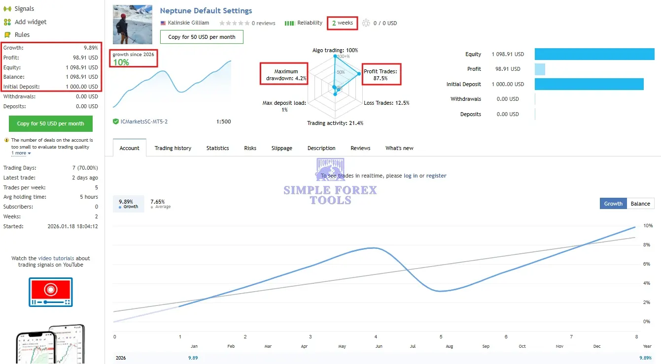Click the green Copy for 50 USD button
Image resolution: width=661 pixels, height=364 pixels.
coord(50,123)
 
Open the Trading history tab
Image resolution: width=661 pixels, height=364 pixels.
coord(173,148)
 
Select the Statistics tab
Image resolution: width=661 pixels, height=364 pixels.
coord(217,148)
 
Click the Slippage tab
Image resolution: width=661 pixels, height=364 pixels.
coord(281,148)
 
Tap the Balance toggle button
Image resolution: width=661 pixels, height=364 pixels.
coord(640,204)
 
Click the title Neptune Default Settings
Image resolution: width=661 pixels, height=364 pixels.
coord(206,11)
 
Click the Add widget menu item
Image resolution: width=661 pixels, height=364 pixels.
coord(31,22)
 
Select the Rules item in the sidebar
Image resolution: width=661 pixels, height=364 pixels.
coord(22,35)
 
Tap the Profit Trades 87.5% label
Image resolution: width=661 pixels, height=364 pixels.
coord(380,75)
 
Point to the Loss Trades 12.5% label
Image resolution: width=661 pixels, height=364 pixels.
coord(386,103)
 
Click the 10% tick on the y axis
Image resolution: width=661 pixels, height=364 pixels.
coord(647,226)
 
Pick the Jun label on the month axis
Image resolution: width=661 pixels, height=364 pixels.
coord(379,346)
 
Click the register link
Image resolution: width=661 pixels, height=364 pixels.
coord(436,176)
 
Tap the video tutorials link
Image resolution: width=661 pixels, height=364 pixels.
coord(56,258)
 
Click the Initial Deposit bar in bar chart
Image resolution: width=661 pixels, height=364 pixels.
coord(589,84)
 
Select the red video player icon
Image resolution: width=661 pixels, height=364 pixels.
coord(50,292)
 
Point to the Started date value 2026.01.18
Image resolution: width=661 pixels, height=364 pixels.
coord(72,226)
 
